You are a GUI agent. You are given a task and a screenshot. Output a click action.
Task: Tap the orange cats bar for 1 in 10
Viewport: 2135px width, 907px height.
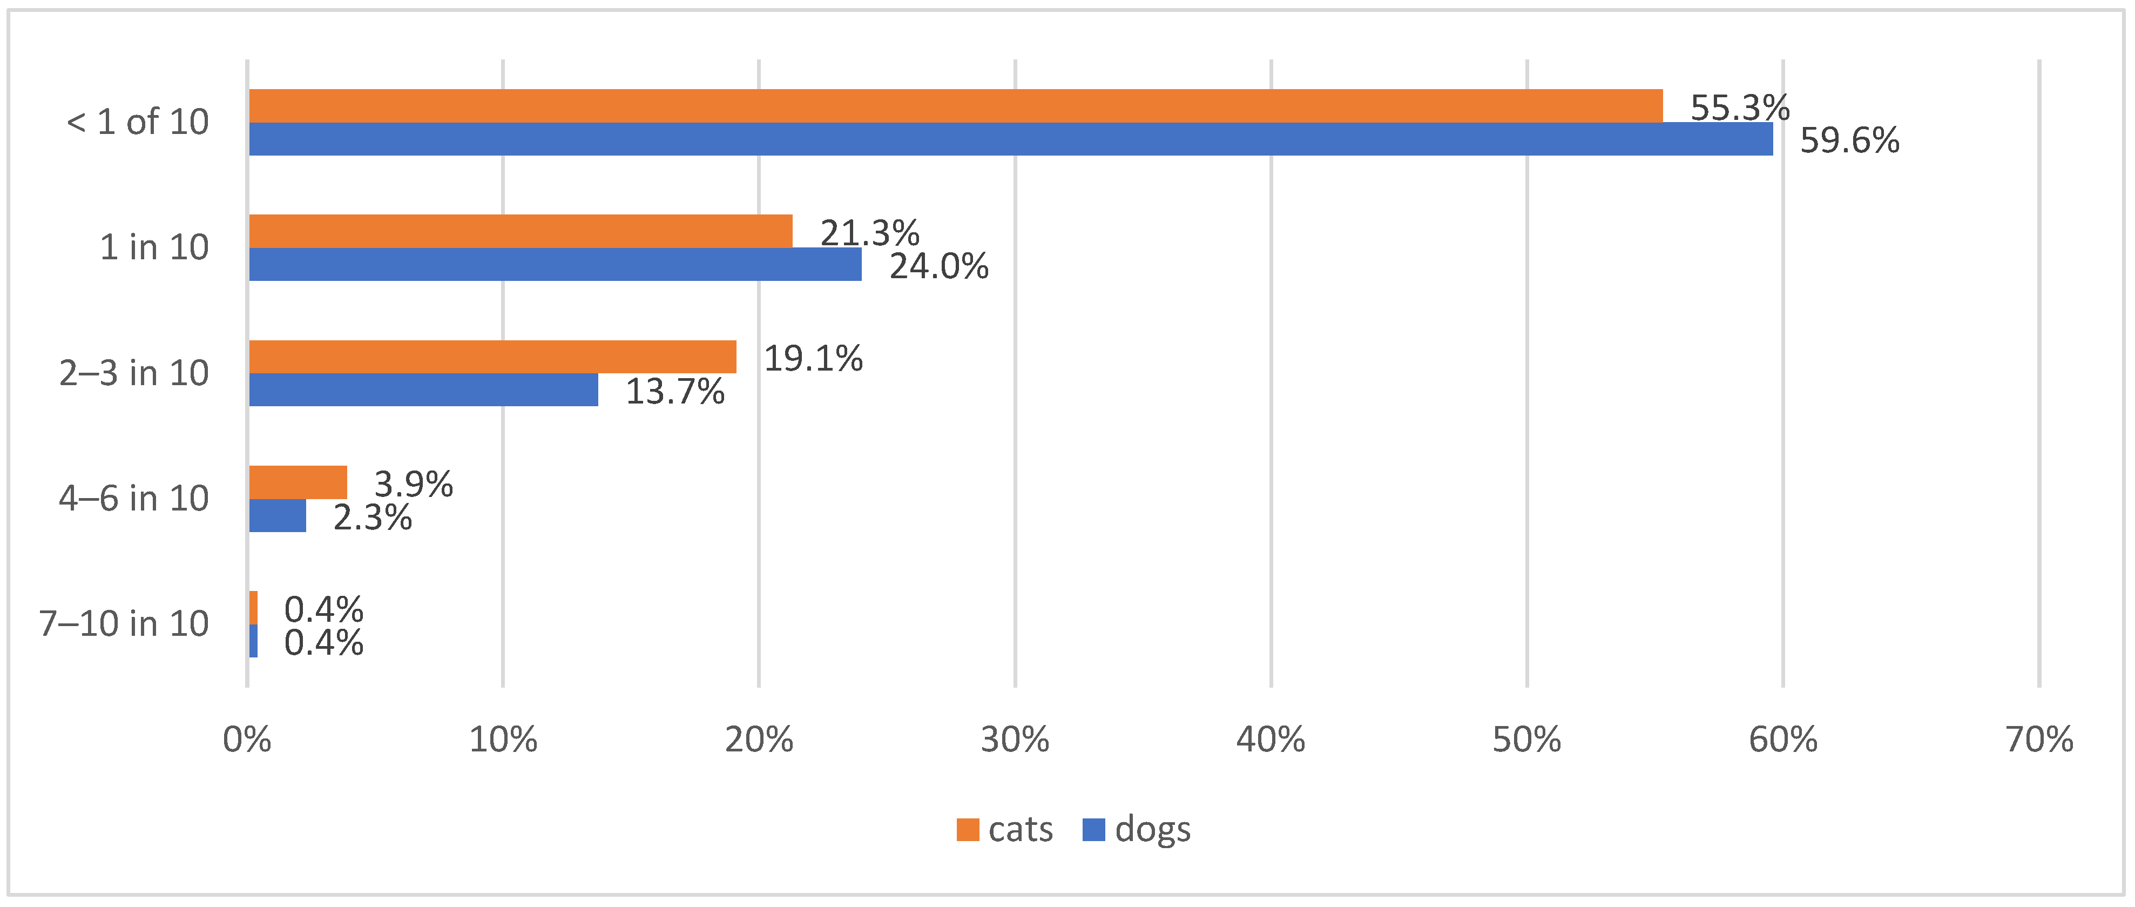tap(521, 231)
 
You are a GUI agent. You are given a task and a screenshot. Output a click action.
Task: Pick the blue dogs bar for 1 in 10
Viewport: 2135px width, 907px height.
tap(555, 265)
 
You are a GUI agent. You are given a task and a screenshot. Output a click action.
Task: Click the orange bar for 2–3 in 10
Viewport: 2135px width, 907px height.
tap(492, 357)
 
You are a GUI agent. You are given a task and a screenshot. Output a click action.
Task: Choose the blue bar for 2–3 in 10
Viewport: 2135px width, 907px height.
tap(423, 389)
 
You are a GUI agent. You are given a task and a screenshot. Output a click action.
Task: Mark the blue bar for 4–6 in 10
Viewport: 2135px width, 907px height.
tap(278, 516)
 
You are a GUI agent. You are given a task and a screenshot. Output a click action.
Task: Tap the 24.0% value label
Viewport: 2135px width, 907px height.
tap(938, 267)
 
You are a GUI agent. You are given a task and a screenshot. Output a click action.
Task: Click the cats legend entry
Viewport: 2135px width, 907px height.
tap(1004, 830)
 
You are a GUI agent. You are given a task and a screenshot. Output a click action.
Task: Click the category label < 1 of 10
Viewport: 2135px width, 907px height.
tap(138, 123)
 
